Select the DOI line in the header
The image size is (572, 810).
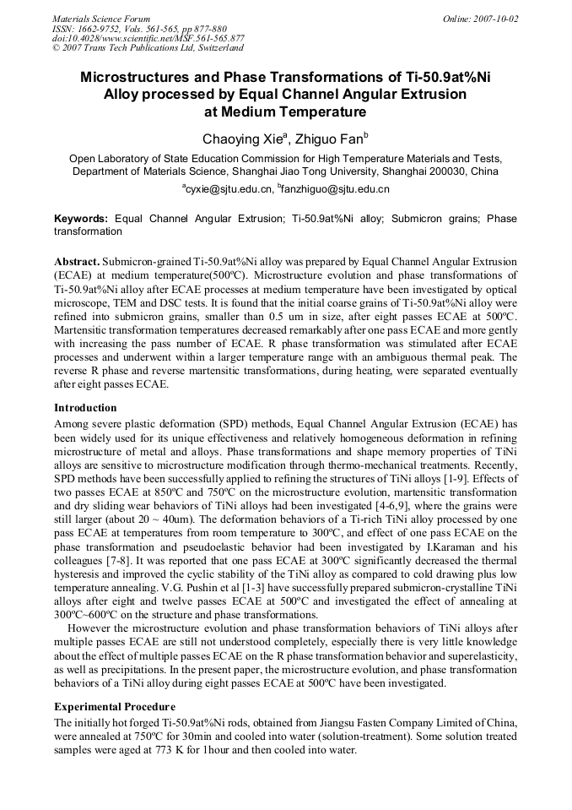[148, 38]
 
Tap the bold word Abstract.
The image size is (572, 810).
[77, 263]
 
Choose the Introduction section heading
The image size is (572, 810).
[85, 408]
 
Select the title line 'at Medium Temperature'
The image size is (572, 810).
[285, 111]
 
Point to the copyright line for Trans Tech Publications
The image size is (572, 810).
[148, 48]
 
